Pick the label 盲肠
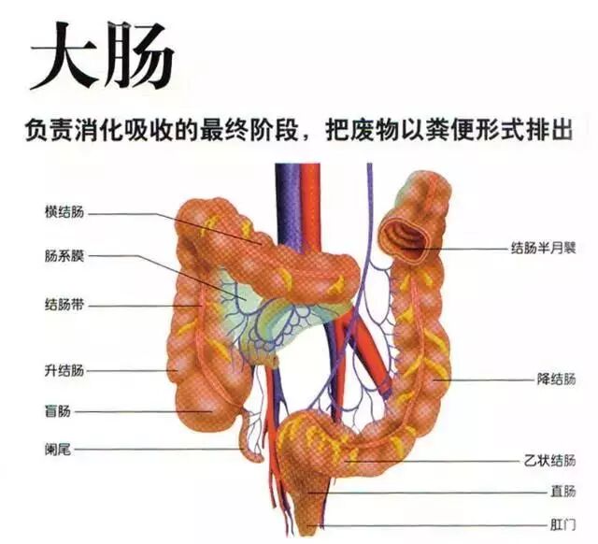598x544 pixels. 58,410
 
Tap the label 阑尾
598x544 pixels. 58,450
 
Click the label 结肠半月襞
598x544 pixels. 543,249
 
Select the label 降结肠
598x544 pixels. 557,380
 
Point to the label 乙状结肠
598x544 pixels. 550,461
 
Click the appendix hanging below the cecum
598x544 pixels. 253,434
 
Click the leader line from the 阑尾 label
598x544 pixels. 159,450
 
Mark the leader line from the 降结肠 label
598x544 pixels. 486,380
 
